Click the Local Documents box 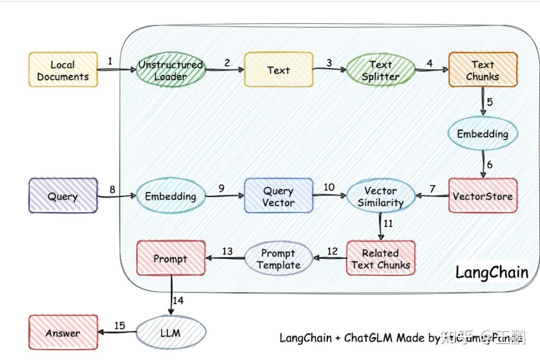(x=63, y=71)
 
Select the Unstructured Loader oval (x=170, y=71)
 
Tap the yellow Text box (x=278, y=70)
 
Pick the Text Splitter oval (x=380, y=71)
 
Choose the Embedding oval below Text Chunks (x=482, y=134)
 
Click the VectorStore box (x=482, y=196)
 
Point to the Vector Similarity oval (x=380, y=196)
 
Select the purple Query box (x=63, y=196)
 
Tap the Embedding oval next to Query (x=170, y=196)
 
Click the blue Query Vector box (x=278, y=196)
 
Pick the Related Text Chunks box (x=380, y=259)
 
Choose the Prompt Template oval (x=278, y=259)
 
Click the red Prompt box (x=170, y=259)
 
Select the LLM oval (x=170, y=333)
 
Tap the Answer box (x=63, y=333)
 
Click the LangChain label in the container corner (x=491, y=272)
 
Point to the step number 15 (x=120, y=326)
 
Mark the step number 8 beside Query (x=112, y=188)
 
